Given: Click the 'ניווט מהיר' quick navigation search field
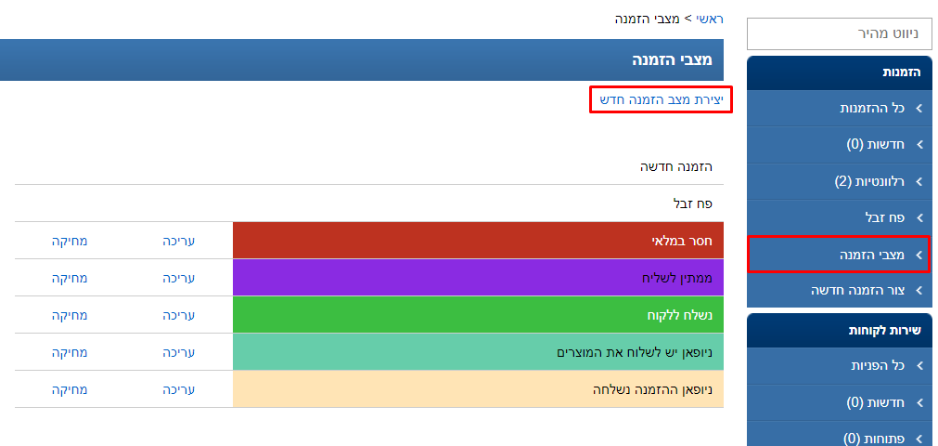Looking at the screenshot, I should (x=839, y=33).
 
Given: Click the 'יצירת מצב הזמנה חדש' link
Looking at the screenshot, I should (x=661, y=99).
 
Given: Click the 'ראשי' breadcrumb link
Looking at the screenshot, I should (x=710, y=19).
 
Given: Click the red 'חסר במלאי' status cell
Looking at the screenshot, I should (x=477, y=240).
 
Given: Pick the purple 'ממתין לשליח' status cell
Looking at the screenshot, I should (x=477, y=277).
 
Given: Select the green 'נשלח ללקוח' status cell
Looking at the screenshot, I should (x=477, y=315).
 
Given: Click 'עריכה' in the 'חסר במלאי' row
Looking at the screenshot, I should (x=179, y=241).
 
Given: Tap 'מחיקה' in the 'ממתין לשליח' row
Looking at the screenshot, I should (x=70, y=278).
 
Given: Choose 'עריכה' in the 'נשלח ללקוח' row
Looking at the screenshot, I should (x=179, y=315).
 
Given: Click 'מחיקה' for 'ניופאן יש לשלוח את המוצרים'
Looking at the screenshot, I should (x=70, y=352).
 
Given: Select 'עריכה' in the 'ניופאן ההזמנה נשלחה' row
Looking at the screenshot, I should (x=179, y=389).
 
